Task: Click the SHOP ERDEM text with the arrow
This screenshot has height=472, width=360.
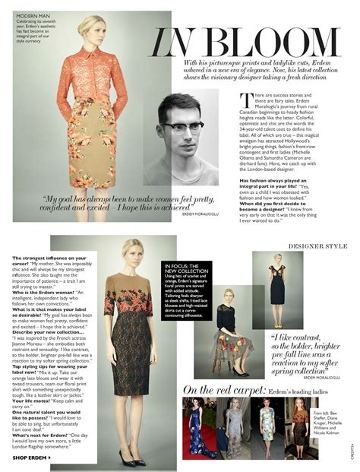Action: coord(35,457)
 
